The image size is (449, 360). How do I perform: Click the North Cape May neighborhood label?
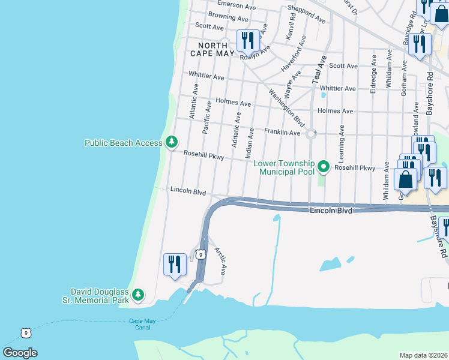click(x=208, y=49)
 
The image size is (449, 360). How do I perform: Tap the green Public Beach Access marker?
click(x=172, y=142)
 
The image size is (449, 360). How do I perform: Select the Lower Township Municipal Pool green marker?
click(x=324, y=166)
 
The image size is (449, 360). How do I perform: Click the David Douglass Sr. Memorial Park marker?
click(x=139, y=295)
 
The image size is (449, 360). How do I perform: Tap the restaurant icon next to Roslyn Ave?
click(x=247, y=40)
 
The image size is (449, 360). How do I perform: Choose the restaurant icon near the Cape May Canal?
click(x=175, y=264)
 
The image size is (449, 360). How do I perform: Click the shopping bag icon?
click(x=406, y=179)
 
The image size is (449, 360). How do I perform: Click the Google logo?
click(x=20, y=353)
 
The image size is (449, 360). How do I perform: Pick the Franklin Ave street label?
click(x=282, y=132)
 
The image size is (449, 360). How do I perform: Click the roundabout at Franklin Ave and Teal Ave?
click(x=311, y=134)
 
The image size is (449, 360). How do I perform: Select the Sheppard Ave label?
click(x=307, y=16)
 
